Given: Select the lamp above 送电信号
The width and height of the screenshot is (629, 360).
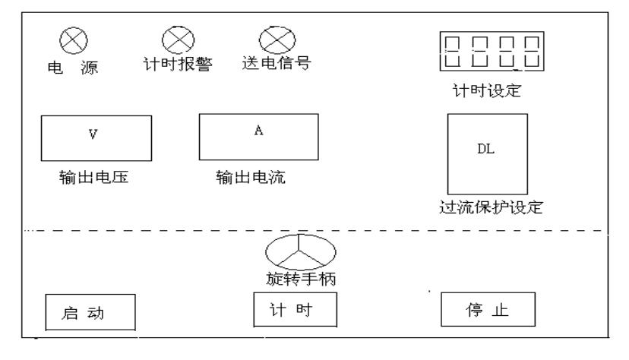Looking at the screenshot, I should click(271, 37).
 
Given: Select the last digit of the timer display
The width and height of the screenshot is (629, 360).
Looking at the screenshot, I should click(529, 53).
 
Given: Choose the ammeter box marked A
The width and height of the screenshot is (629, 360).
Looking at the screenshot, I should click(258, 137).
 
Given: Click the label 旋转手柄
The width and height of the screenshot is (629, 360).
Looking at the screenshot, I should click(296, 279).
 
